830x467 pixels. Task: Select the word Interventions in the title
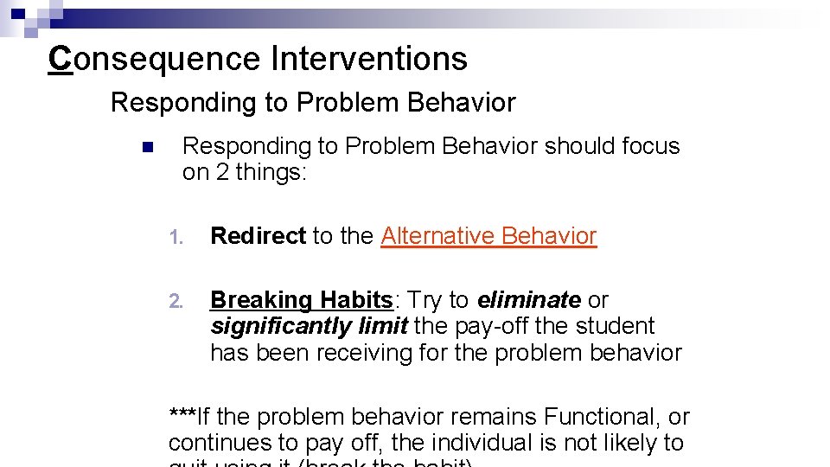368,59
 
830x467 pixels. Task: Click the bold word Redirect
258,236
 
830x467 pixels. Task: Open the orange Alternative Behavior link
488,236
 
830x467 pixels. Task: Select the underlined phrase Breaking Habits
302,300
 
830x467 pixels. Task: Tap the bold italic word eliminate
528,300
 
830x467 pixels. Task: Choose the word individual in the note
483,443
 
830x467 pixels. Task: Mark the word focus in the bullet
650,146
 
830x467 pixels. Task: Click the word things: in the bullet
271,172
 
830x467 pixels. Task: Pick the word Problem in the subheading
351,103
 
